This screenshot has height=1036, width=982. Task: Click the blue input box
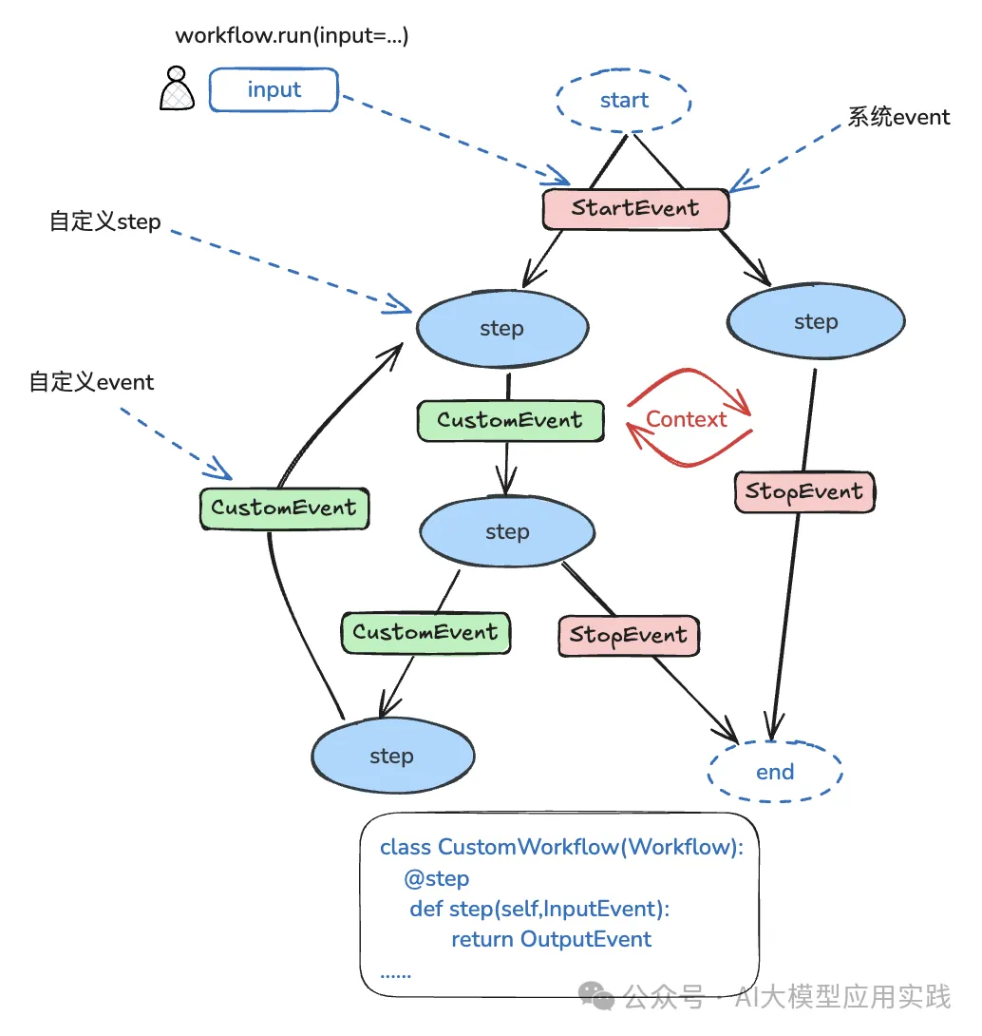pos(274,90)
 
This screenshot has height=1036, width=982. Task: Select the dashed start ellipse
pos(624,101)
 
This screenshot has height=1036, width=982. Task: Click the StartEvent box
pos(635,208)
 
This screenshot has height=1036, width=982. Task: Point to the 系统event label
pos(898,117)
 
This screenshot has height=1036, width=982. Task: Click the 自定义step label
pos(105,222)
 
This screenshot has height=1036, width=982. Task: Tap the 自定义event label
pos(91,382)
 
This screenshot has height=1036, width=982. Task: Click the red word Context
pos(686,419)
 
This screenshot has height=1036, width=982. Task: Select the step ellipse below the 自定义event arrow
pos(506,531)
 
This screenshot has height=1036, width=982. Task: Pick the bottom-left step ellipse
pos(391,756)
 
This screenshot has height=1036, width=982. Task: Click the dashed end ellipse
pos(774,772)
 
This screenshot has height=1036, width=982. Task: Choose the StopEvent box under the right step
pos(803,491)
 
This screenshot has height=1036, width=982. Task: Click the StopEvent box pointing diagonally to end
pos(628,635)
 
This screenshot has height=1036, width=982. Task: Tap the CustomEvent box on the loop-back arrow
pos(283,508)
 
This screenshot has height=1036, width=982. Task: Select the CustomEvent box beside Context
pos(510,420)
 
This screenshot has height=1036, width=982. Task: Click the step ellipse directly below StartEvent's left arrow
pos(501,328)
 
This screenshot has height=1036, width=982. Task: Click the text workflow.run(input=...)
pos(292,36)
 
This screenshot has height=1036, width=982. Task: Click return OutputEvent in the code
pos(551,940)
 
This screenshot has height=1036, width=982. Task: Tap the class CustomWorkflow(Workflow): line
pos(561,847)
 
